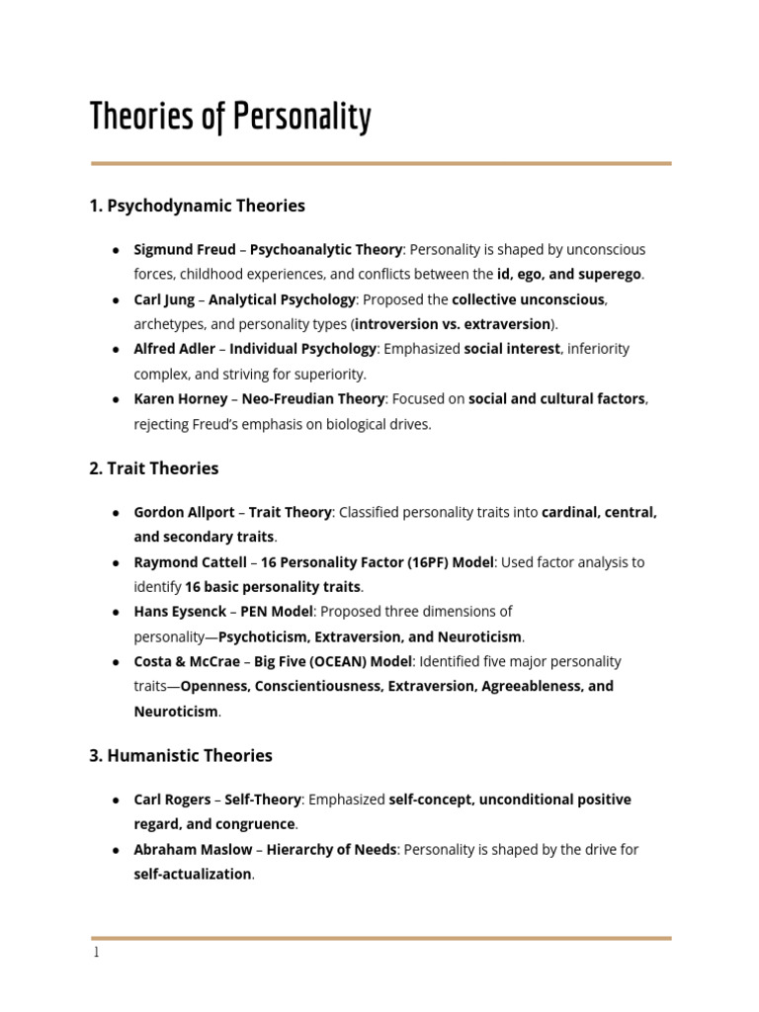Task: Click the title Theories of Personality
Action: pos(230,117)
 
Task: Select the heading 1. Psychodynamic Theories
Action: pos(197,206)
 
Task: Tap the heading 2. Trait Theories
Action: pos(153,467)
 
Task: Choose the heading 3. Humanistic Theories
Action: pos(180,755)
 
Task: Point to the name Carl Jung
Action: pos(164,299)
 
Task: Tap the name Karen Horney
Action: pos(179,398)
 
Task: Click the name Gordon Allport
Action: pos(184,512)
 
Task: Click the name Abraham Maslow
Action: pos(193,849)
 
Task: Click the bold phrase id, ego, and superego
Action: pos(569,274)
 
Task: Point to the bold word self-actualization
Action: pos(193,875)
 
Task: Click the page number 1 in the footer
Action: pos(96,954)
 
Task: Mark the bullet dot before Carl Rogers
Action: pos(116,800)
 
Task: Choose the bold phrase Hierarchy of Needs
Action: pos(331,849)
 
